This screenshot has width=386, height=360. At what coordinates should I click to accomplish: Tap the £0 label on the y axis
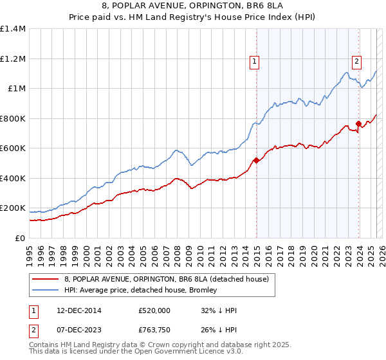(20, 239)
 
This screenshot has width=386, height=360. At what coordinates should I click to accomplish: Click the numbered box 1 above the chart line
(255, 62)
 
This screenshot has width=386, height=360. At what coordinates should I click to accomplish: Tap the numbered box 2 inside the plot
(356, 62)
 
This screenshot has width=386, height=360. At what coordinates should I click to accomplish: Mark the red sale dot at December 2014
(255, 161)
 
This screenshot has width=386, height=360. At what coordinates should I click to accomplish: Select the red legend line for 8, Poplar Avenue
(45, 279)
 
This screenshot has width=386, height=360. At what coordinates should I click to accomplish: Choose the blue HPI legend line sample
(45, 290)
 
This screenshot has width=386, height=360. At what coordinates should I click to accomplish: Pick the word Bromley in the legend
(203, 290)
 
